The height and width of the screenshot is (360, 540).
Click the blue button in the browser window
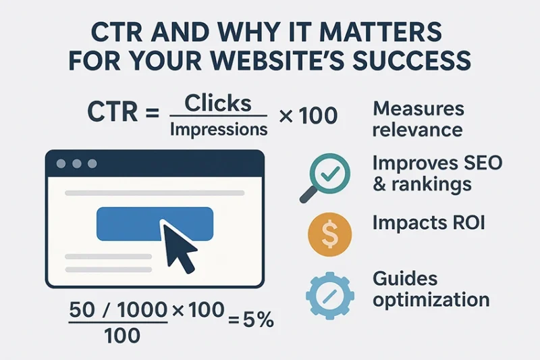155,224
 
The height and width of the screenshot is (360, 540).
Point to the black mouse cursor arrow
177,247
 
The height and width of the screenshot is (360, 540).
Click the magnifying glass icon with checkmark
326,176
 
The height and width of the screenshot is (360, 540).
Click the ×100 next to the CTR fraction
307,115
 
